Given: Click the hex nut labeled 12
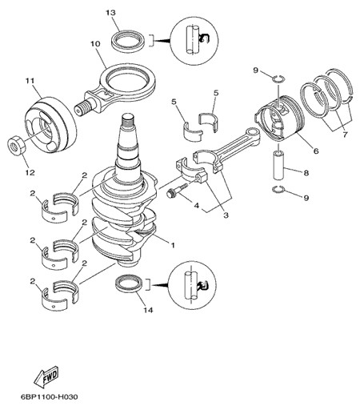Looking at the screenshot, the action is (x=16, y=145).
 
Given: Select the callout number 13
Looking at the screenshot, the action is (x=110, y=13).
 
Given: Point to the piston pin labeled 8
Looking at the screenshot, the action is (x=279, y=165).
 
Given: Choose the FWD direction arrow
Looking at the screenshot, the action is (x=46, y=377).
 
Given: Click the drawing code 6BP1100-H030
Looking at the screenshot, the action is (x=50, y=397).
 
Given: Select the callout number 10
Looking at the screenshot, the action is (x=95, y=44).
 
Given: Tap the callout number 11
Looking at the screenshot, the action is (x=30, y=81).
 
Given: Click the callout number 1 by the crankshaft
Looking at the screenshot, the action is (x=173, y=244).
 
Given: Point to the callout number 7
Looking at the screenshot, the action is (x=345, y=135).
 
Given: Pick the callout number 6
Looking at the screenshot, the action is (x=316, y=151).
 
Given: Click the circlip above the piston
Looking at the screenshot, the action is (x=278, y=78).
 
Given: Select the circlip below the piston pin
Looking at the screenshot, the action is (x=278, y=189).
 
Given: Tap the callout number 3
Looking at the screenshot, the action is (x=226, y=215).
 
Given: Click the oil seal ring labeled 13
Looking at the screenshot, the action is (x=128, y=41).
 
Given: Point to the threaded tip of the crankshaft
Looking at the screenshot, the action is (x=128, y=119).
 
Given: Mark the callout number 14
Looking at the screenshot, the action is (x=148, y=310).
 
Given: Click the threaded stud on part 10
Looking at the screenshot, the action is (x=83, y=107).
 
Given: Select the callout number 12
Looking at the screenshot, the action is (x=30, y=172).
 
